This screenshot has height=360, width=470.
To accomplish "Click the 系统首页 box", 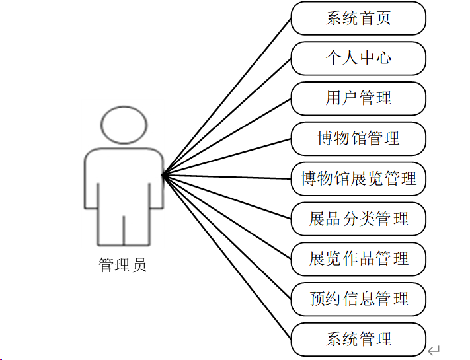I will coord(358,18).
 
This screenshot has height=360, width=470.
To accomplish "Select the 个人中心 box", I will coord(358,58).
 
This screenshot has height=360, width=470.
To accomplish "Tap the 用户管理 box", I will coord(358,98).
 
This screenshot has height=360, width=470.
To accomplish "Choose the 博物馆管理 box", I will coord(358,139).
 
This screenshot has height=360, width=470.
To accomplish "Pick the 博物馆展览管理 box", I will coord(358,178).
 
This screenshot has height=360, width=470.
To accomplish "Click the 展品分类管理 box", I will coord(358,219).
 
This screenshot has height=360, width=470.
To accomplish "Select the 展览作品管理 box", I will coord(358,259).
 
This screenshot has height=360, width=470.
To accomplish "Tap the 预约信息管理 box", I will coord(358,299).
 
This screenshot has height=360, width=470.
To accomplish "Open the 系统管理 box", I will coord(358,340).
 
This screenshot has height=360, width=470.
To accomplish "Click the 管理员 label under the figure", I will coord(122,266).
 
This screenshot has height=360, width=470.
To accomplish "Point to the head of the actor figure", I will coord(124,125).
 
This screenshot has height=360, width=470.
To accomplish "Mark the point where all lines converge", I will coord(163,175).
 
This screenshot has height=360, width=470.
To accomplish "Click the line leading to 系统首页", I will coord(227,96).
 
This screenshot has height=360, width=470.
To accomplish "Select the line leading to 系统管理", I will coord(227,258).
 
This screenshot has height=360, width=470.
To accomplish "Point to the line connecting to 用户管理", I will coord(227,137).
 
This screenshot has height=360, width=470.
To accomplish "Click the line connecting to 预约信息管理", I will coord(227,237).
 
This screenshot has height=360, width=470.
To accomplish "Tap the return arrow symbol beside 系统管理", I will coord(434,350).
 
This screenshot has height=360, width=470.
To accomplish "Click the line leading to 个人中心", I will coord(227,117).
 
